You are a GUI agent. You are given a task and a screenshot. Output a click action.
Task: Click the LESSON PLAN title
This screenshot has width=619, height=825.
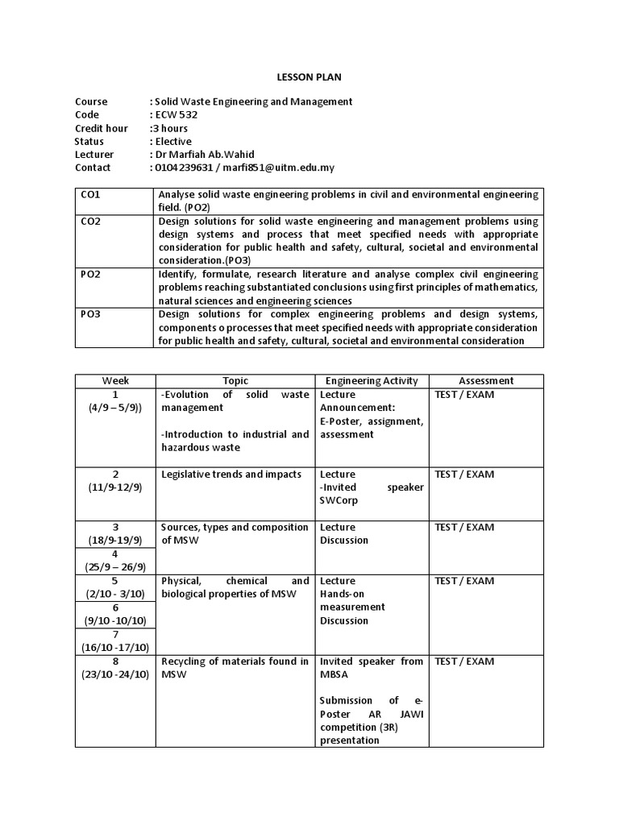click(x=309, y=77)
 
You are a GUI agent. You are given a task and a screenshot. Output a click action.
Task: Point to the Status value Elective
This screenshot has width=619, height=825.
click(x=173, y=141)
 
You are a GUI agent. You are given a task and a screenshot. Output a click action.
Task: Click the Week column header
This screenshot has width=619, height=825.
click(x=115, y=380)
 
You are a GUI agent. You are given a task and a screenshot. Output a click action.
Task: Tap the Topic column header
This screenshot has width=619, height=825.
click(x=235, y=380)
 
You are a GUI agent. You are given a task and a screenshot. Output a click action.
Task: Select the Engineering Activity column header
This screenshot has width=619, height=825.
click(x=372, y=380)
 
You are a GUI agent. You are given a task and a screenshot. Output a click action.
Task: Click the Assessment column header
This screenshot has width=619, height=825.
click(x=486, y=380)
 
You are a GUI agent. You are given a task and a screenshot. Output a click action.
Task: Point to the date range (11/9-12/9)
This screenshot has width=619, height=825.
click(x=115, y=487)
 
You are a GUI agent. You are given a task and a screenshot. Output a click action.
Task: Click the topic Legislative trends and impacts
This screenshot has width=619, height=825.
click(x=231, y=475)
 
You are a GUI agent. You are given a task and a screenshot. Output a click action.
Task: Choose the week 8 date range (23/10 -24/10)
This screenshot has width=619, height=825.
click(x=115, y=674)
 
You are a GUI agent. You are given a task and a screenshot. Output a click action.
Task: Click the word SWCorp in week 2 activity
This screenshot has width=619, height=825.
click(x=338, y=500)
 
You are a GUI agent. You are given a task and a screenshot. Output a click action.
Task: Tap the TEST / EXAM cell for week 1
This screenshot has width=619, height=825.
click(x=464, y=395)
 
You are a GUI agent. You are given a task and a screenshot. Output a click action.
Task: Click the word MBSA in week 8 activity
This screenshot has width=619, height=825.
click(x=334, y=674)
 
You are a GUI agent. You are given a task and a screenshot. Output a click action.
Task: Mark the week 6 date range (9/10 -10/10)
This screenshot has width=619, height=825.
click(x=115, y=620)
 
